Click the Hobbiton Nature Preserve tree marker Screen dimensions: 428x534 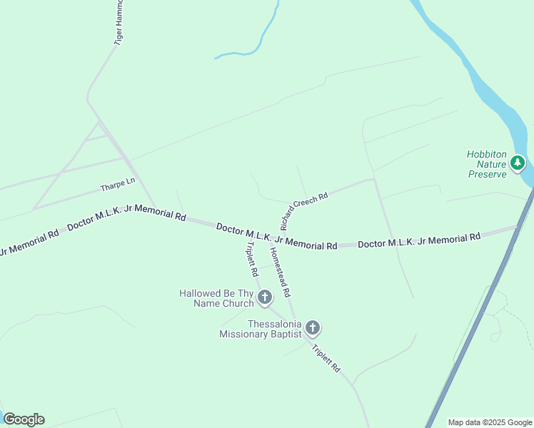518,163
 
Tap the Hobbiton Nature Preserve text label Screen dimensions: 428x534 487,163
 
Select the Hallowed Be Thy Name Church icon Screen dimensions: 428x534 265,297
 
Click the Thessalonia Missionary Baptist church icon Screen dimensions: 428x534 312,328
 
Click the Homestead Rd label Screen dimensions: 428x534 280,272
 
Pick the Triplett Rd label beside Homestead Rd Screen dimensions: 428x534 251,258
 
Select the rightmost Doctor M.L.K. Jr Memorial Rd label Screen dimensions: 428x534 418,240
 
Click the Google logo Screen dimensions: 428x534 24,419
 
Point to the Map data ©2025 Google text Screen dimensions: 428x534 490,423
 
